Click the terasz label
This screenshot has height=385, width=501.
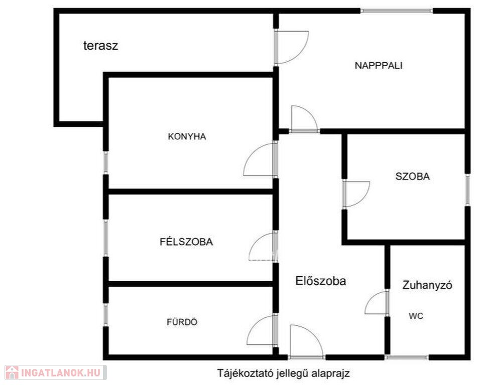100,46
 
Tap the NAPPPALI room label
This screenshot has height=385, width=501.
379,66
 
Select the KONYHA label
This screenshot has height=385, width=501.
187,136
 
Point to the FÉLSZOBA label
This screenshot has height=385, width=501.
186,242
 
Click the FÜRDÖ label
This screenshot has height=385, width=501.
182,322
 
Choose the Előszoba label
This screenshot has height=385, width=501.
320,281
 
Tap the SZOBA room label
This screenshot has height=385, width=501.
413,176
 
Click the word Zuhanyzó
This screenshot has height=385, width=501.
427,285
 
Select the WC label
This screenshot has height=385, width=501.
416,316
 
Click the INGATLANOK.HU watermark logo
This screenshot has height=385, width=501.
56,372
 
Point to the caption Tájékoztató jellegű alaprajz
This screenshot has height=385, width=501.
284,373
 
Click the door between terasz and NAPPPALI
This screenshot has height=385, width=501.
291,47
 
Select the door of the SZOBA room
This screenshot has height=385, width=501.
356,194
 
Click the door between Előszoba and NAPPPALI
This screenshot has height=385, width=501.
304,119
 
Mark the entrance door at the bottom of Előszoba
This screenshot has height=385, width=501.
307,341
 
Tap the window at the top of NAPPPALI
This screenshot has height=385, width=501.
397,11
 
